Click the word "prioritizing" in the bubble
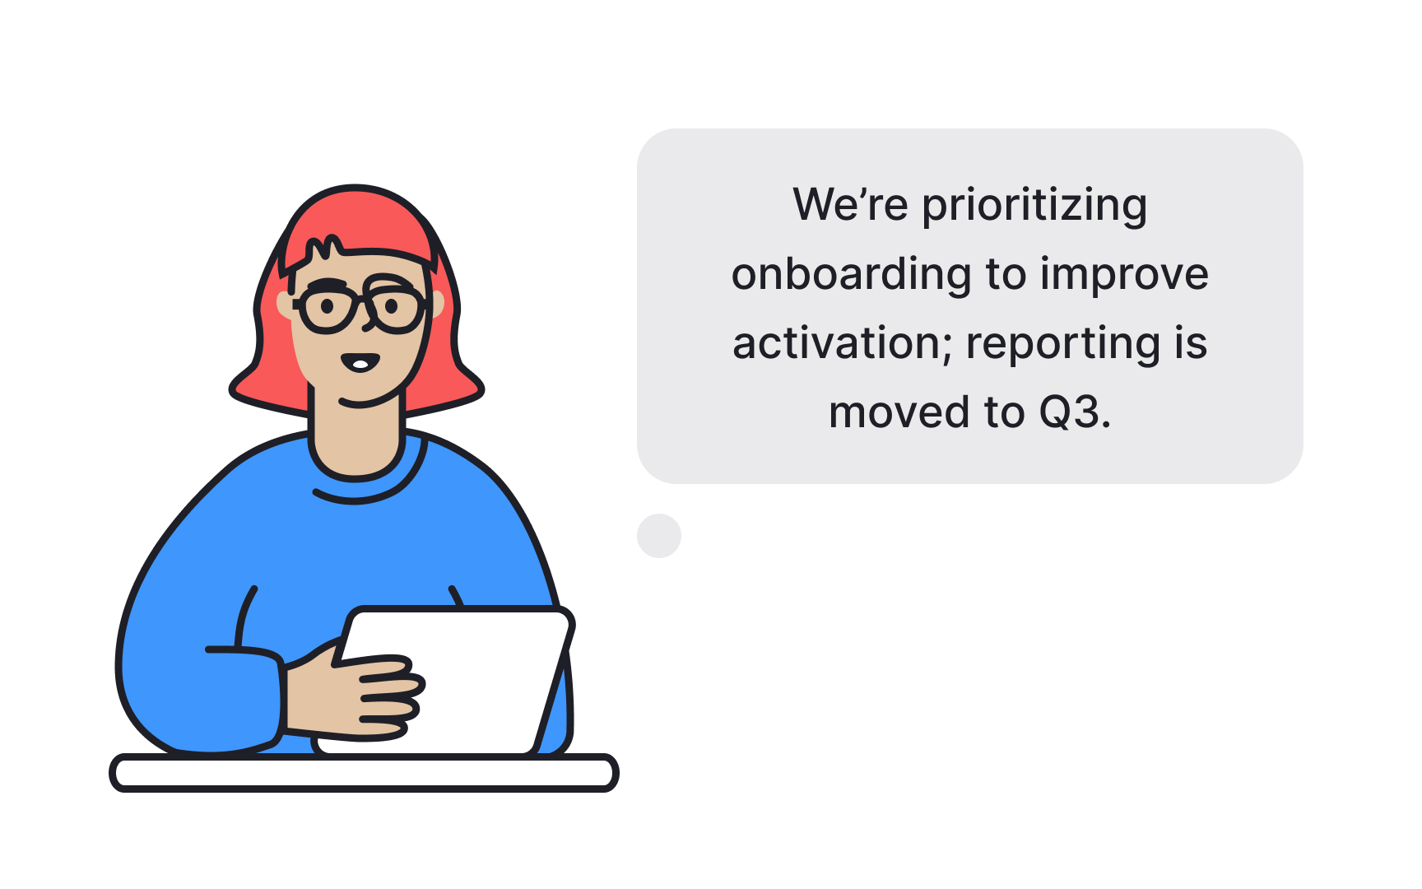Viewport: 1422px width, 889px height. click(1034, 206)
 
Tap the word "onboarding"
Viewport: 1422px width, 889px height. click(851, 275)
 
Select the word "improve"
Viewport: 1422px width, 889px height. click(1124, 275)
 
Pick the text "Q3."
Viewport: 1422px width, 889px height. click(1075, 412)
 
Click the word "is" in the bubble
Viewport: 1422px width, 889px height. click(1191, 343)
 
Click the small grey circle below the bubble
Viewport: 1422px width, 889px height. click(659, 536)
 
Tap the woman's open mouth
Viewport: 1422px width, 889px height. click(360, 362)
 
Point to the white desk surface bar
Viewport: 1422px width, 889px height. click(364, 773)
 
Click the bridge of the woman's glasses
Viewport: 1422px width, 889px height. click(361, 301)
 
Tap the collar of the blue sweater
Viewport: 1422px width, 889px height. click(362, 491)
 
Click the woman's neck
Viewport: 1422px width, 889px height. click(356, 436)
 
